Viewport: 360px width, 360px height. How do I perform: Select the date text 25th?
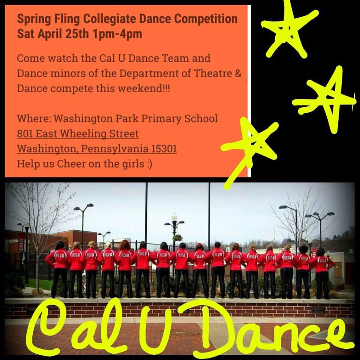tap(73, 34)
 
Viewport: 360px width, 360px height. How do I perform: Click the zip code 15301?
tap(164, 149)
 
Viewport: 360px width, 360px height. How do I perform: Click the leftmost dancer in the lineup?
tap(59, 268)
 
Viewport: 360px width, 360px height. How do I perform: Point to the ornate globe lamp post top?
tap(174, 218)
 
